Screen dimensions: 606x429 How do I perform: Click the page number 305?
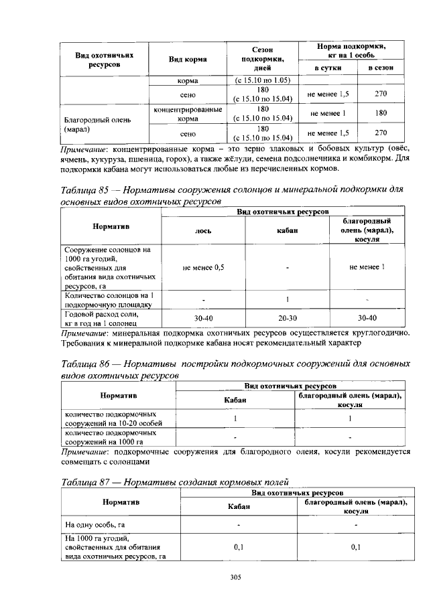pyautogui.click(x=235, y=577)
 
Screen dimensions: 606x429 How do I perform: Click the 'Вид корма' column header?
pyautogui.click(x=187, y=60)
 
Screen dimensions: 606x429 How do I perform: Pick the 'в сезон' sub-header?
pyautogui.click(x=381, y=68)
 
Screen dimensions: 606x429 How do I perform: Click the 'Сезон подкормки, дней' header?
pyautogui.click(x=262, y=59)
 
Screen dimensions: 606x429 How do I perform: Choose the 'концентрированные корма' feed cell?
pyautogui.click(x=187, y=113)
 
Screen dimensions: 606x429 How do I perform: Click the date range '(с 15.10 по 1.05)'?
pyautogui.click(x=262, y=80)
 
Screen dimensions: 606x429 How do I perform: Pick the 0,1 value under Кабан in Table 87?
pyautogui.click(x=239, y=546)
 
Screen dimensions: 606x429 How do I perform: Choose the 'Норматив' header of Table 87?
pyautogui.click(x=121, y=502)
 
